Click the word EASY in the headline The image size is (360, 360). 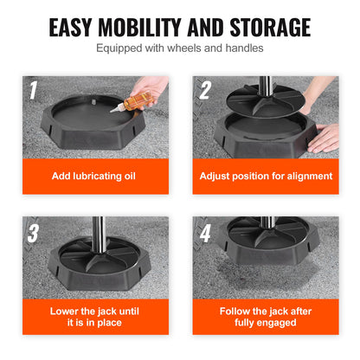tap(74, 27)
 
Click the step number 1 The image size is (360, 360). tap(32, 89)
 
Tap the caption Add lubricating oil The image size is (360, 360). tap(94, 176)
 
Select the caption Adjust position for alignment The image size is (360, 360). tap(265, 176)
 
